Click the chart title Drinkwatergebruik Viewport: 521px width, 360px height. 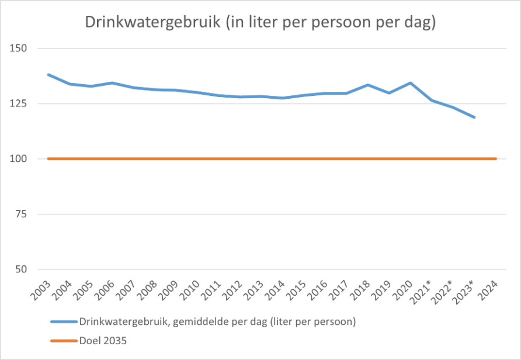(260, 22)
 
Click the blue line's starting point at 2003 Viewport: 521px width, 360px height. (48, 74)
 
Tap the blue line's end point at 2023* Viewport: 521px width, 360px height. (474, 117)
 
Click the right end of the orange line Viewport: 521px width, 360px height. (496, 158)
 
